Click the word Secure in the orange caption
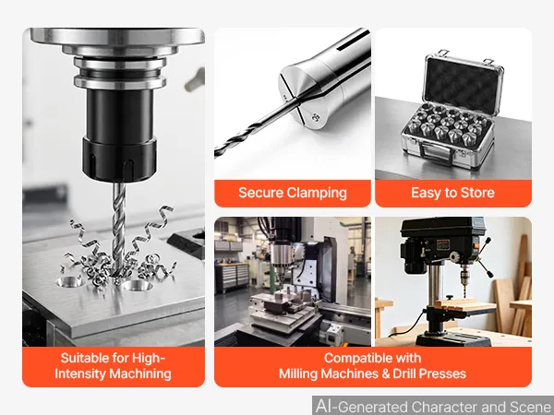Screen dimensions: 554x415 coord(260,193)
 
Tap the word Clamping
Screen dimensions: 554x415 coord(317,194)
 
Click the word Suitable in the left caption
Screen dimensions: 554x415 coord(85,358)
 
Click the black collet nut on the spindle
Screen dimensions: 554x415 coord(120,158)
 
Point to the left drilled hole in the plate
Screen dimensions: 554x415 coord(69,282)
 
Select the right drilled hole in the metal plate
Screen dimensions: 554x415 coord(138,285)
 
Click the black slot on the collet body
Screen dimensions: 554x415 coord(354,41)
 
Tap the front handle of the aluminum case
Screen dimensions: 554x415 coord(435,153)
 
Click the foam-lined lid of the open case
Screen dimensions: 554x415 coord(463,84)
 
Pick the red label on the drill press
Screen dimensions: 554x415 coord(443,244)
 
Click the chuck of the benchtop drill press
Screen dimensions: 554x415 coord(464,274)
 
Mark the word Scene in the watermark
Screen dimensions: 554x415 coord(531,406)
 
